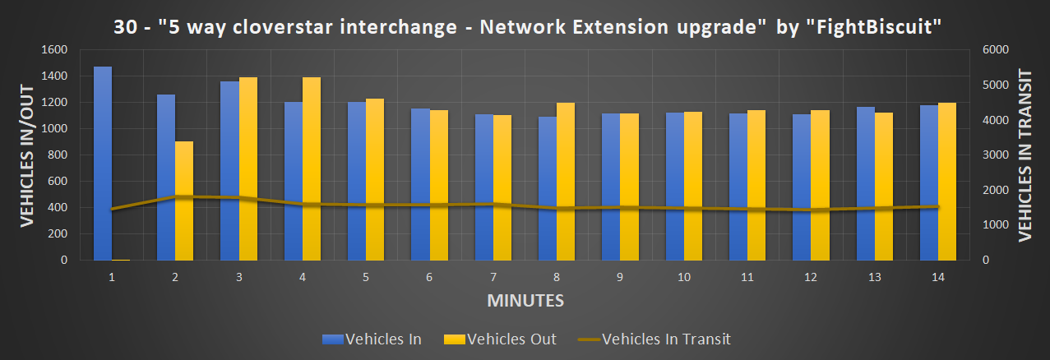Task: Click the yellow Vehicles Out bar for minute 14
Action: point(947,181)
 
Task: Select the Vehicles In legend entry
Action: point(373,339)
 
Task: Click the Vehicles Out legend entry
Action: point(499,339)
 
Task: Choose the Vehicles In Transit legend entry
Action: point(654,339)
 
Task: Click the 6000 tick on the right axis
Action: point(992,50)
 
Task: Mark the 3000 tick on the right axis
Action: point(992,155)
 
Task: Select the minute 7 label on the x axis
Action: point(493,278)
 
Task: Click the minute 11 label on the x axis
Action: point(747,278)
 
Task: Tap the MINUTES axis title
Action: point(525,301)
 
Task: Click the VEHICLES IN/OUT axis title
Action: point(27,155)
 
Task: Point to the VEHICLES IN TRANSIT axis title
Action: point(1025,155)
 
